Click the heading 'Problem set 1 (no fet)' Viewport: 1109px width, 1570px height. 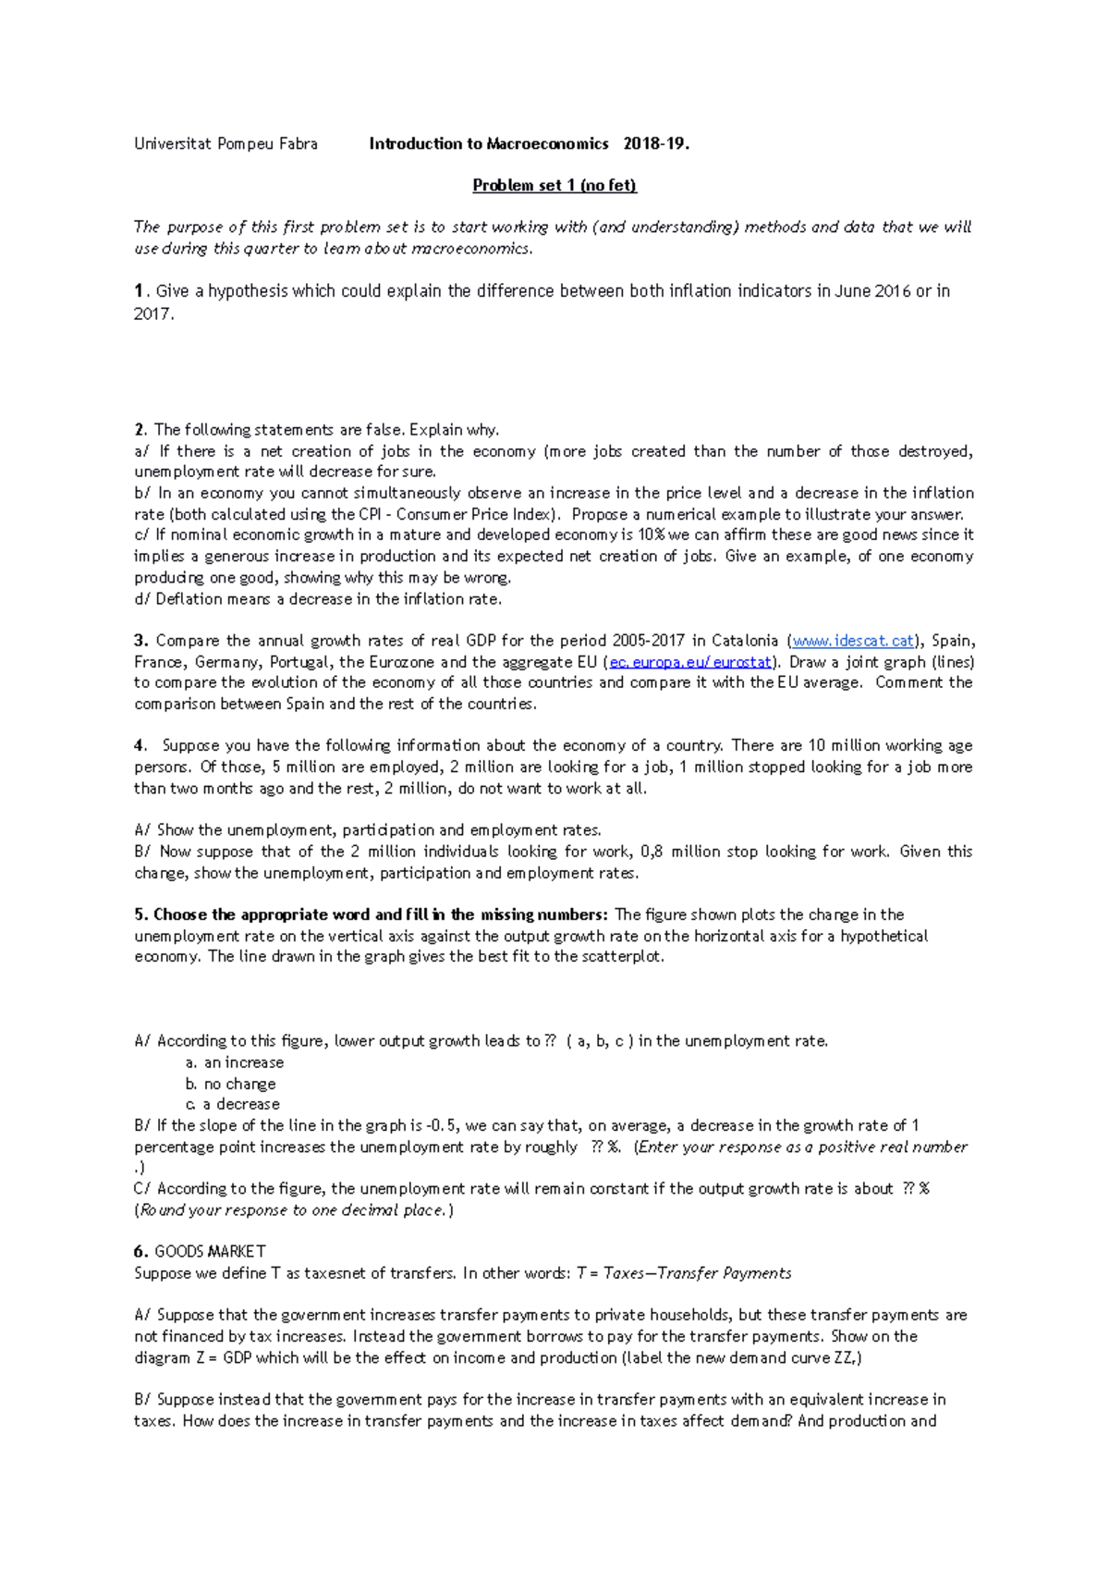point(554,185)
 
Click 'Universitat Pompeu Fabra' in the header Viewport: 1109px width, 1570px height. point(225,143)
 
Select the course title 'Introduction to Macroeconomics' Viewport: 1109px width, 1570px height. point(488,143)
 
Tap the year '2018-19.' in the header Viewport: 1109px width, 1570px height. point(656,143)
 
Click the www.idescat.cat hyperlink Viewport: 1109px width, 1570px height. point(853,641)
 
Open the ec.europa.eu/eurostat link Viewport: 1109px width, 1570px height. point(690,662)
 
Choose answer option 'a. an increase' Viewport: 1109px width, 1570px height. point(235,1062)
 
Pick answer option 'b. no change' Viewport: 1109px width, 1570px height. point(231,1084)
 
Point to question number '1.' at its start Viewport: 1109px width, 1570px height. point(140,291)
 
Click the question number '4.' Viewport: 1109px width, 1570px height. point(140,745)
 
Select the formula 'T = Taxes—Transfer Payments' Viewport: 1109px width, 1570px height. point(684,1273)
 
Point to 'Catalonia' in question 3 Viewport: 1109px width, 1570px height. point(745,641)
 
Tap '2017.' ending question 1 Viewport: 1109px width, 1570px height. point(153,314)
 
